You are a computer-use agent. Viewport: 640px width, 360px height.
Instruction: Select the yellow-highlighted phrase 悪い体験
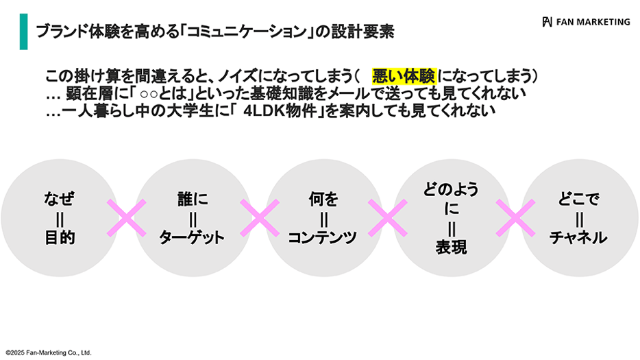(404, 75)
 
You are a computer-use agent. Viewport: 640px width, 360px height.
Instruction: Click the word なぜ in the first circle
(59, 200)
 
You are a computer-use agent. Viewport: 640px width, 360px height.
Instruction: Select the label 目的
(59, 238)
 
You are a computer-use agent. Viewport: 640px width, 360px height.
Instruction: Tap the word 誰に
(192, 200)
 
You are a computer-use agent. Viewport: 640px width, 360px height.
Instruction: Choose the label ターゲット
(192, 238)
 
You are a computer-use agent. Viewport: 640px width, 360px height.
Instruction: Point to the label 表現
(451, 248)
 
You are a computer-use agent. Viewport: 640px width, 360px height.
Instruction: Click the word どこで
(579, 200)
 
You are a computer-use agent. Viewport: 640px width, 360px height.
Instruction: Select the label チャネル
(579, 238)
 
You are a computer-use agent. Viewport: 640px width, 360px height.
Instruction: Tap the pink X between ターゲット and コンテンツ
(258, 219)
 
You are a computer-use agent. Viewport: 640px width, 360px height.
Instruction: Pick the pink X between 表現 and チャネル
(515, 219)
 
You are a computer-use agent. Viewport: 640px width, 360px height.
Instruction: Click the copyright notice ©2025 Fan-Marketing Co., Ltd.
(49, 352)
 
